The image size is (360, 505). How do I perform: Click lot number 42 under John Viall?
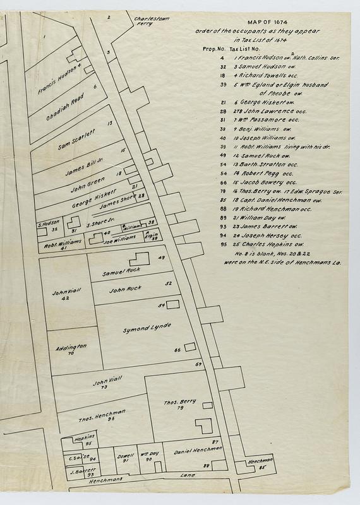click(x=65, y=298)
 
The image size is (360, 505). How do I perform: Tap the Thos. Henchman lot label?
click(x=102, y=413)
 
